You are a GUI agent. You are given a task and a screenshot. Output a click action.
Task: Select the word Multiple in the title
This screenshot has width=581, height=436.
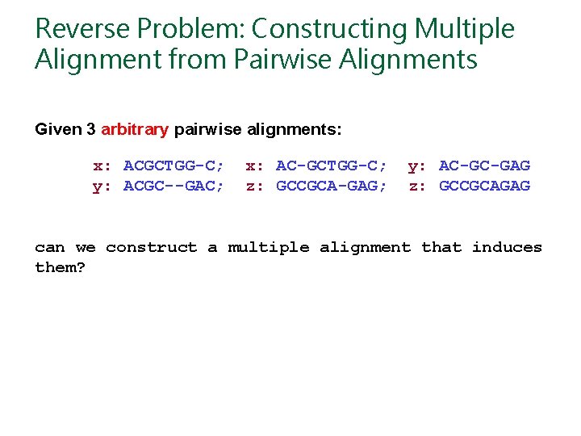(464, 29)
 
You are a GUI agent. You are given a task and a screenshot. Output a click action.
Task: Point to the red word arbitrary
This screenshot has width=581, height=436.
(135, 129)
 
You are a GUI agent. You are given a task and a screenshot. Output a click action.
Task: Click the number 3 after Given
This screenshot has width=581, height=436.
(91, 129)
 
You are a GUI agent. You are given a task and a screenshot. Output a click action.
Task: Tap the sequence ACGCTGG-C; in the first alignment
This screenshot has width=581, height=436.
(173, 166)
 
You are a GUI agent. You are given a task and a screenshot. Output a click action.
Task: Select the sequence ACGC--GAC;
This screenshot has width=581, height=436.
(173, 187)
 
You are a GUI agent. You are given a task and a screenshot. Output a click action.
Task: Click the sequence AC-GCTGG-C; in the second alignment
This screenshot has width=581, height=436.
(332, 166)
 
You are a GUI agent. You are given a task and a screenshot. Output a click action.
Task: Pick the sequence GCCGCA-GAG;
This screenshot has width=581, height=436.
(332, 187)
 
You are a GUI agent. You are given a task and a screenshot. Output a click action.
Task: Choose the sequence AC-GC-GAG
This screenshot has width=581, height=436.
(484, 166)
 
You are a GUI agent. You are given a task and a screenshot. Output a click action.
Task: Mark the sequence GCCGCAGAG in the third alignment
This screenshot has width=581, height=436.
(484, 187)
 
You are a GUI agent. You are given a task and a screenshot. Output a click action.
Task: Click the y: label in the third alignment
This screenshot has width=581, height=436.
(417, 166)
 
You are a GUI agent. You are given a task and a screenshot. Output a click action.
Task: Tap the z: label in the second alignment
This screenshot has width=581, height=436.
(255, 187)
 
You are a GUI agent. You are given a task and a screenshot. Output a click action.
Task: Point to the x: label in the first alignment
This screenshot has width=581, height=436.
(102, 166)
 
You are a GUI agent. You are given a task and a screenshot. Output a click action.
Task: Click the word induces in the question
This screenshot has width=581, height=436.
(507, 248)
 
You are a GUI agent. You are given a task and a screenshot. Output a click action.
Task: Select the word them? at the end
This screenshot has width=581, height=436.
(60, 267)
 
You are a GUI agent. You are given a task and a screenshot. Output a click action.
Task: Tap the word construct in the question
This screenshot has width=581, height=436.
(151, 248)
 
